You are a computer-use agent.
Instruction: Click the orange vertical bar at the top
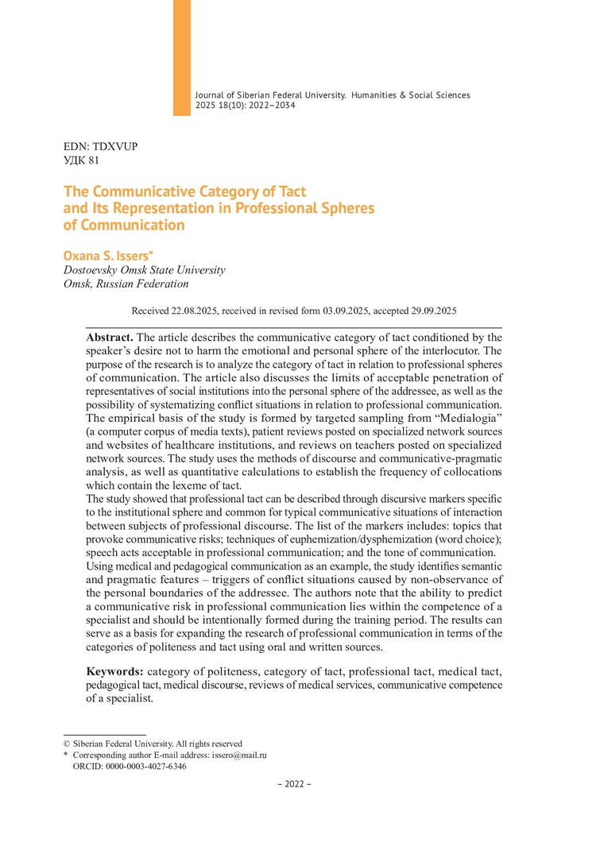pos(182,56)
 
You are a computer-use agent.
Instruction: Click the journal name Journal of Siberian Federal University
pos(270,95)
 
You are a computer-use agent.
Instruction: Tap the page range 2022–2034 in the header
pos(271,106)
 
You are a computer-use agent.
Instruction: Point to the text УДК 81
pos(81,160)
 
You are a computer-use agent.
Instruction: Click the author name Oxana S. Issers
pos(108,255)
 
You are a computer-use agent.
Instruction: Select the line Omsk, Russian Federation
pos(126,284)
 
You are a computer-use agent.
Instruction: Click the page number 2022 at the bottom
pos(294,784)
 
